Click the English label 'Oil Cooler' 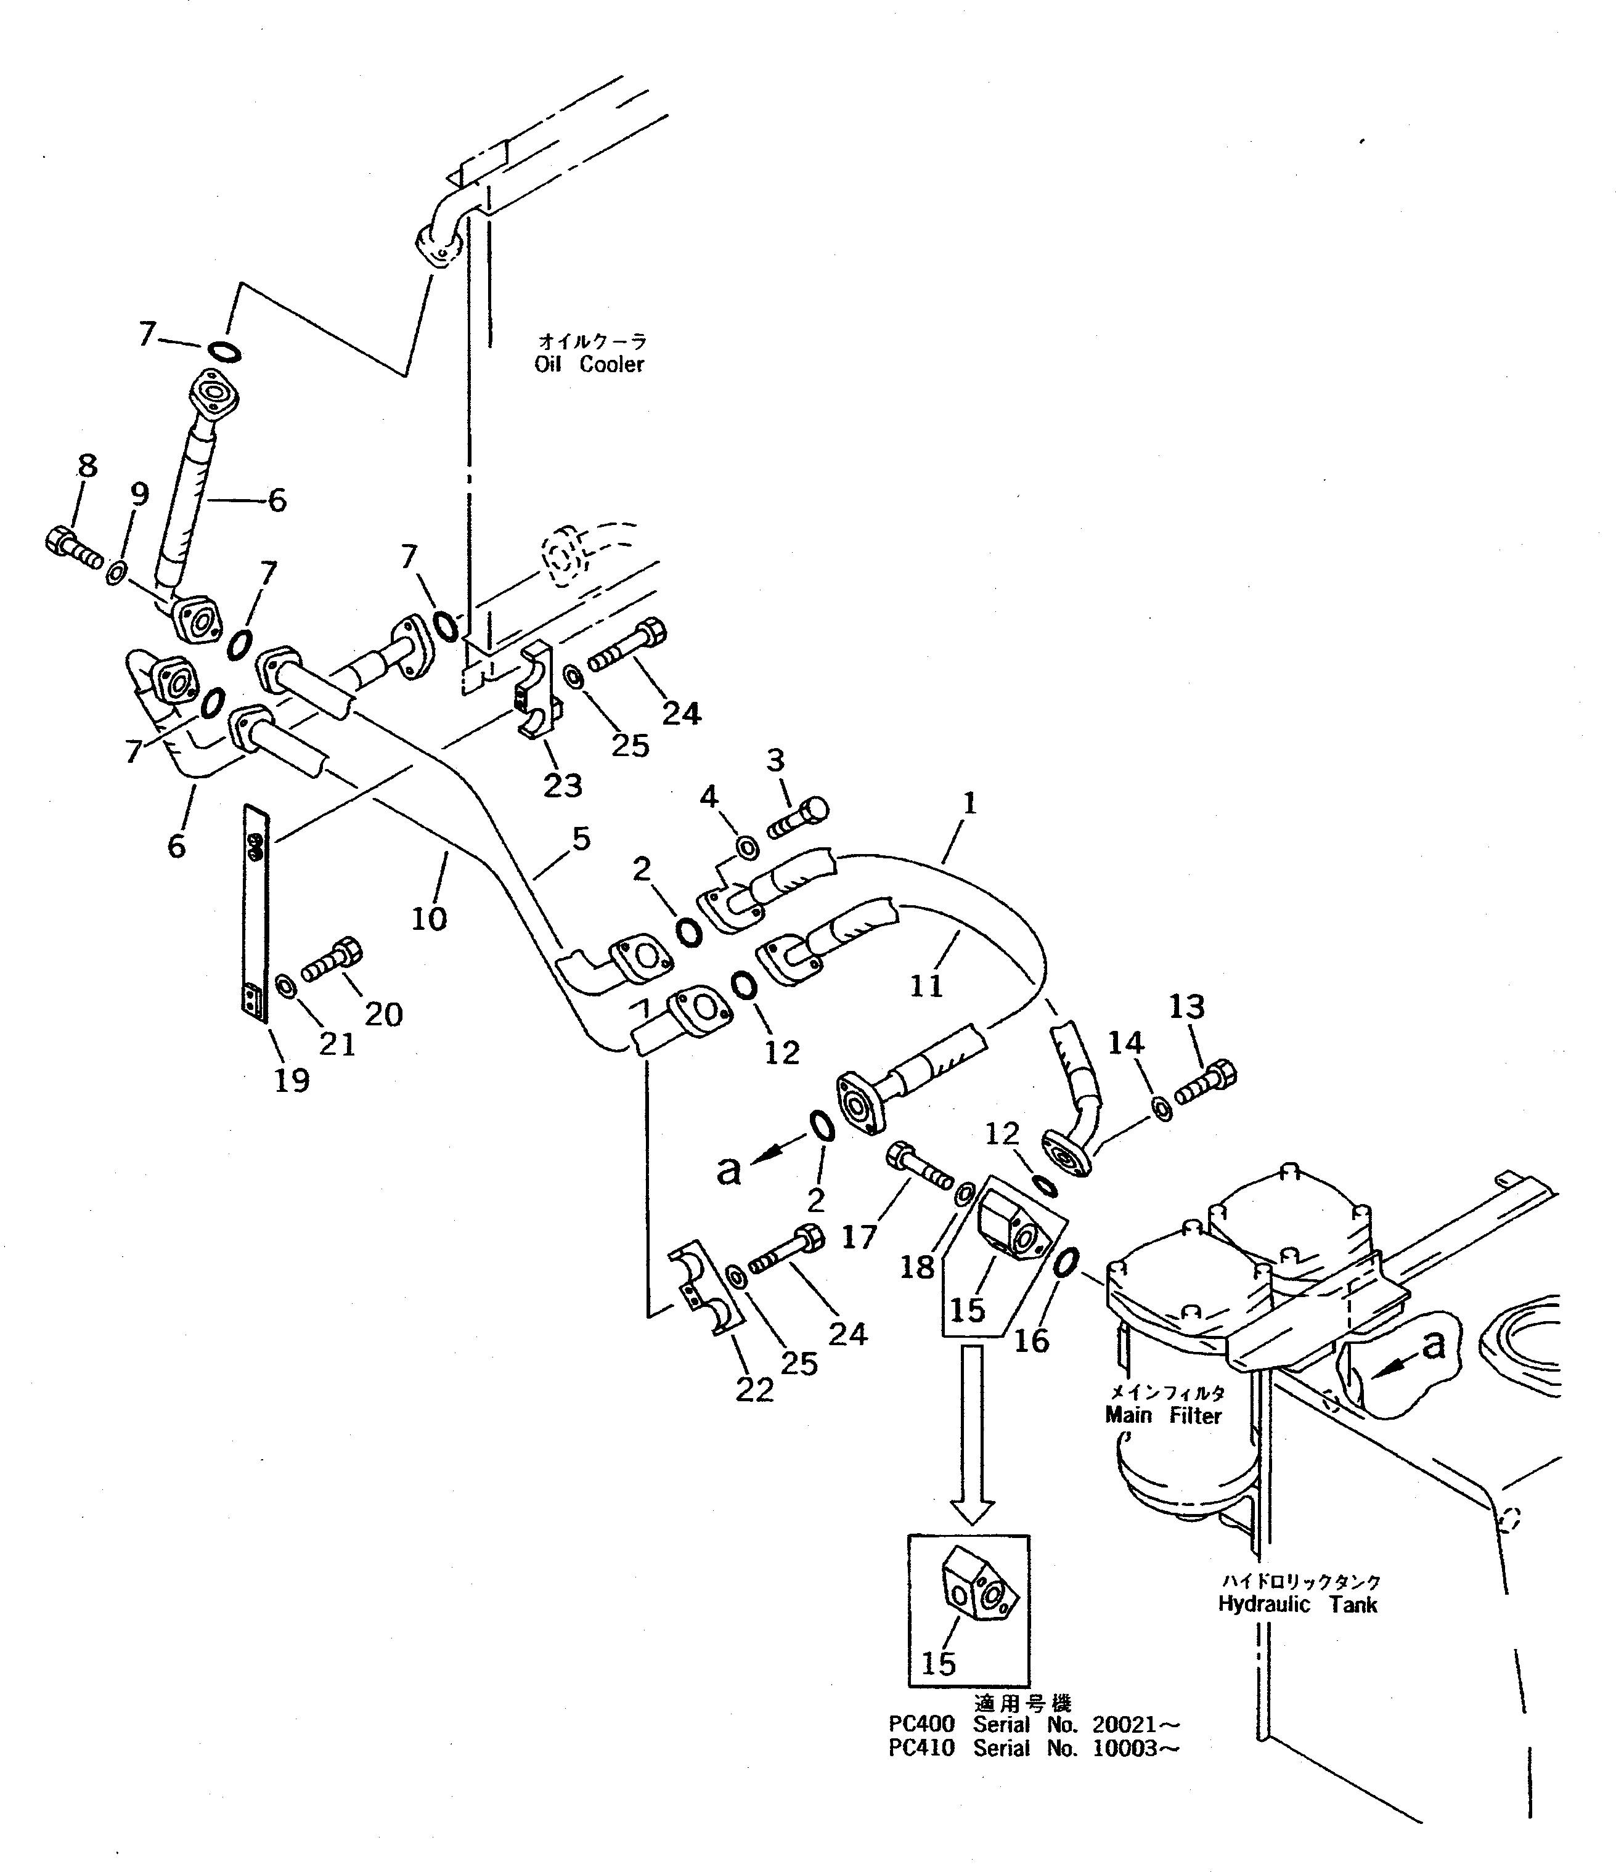coord(589,364)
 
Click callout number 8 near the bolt coord(87,466)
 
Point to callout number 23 coord(562,785)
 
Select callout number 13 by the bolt coord(1186,1006)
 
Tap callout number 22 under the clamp coord(754,1390)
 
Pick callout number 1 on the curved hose coord(969,802)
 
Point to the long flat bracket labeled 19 coord(256,913)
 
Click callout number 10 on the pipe coord(430,919)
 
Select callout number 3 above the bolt coord(775,761)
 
